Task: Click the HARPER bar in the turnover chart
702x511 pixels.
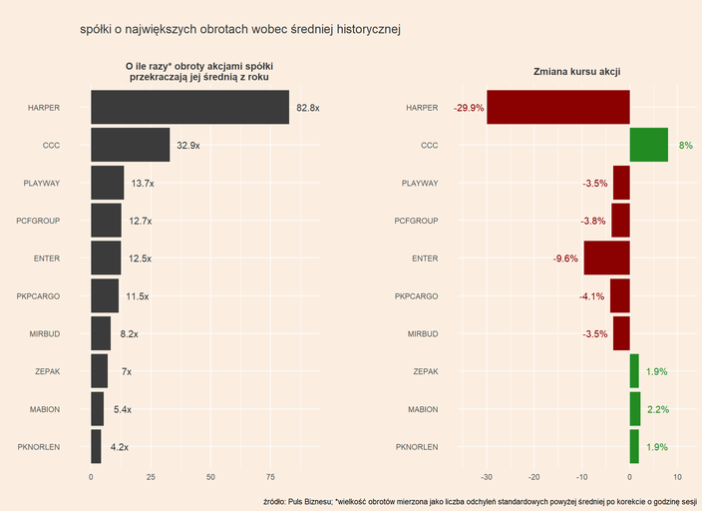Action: (x=189, y=107)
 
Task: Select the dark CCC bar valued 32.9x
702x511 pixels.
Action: (x=130, y=145)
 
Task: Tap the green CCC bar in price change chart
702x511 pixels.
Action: (x=648, y=145)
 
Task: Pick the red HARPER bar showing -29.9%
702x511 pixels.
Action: (x=558, y=107)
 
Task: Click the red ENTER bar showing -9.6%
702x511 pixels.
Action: (x=606, y=258)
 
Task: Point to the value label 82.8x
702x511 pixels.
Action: (x=308, y=108)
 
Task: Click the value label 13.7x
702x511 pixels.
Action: (x=143, y=184)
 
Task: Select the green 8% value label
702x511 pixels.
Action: (x=685, y=146)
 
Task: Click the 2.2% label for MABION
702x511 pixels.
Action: (x=657, y=410)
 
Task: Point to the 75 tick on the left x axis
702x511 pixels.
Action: (x=270, y=477)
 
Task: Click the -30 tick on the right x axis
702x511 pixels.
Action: (x=487, y=477)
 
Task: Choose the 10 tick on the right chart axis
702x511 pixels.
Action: (x=677, y=477)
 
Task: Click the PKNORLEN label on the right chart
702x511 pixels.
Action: (x=417, y=447)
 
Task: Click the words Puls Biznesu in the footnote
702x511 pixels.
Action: (x=309, y=500)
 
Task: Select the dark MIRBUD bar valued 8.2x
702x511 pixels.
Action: (x=101, y=334)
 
